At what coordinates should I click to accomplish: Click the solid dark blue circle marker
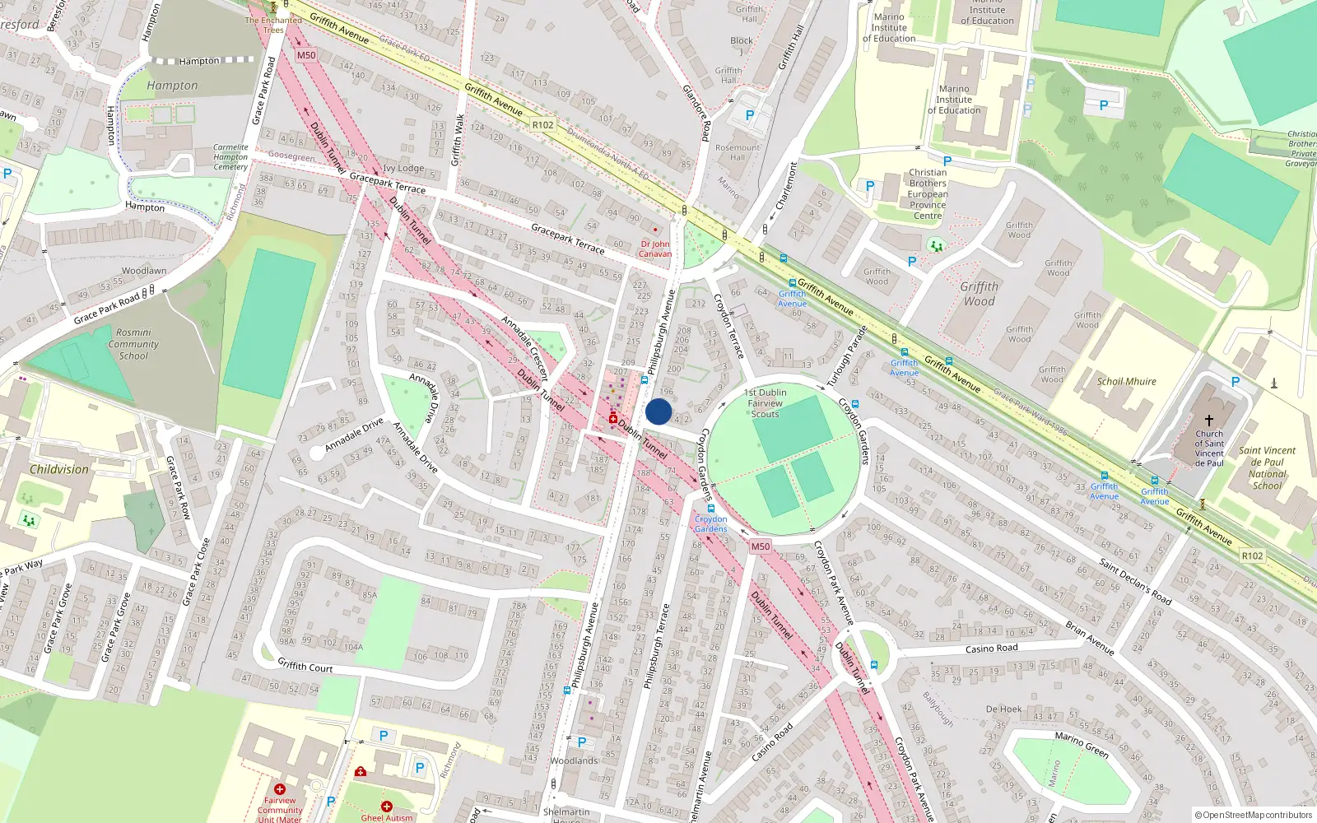tap(658, 411)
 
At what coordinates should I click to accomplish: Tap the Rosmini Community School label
tap(133, 345)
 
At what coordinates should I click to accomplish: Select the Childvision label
tap(59, 469)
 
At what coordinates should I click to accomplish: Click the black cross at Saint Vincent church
tap(1208, 420)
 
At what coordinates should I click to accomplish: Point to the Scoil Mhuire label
tap(1126, 382)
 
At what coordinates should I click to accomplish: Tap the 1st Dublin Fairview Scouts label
tap(766, 403)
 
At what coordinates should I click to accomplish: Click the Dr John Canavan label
tap(655, 249)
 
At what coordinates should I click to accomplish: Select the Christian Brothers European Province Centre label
tap(928, 194)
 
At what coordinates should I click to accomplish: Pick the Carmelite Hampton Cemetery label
tap(230, 157)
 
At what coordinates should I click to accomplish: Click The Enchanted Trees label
tap(273, 25)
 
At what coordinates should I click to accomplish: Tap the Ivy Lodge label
tap(403, 169)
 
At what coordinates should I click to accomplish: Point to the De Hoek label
tap(1003, 709)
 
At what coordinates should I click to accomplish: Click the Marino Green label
tap(1082, 745)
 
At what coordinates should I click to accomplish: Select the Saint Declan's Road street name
tap(1135, 582)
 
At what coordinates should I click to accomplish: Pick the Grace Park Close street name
tap(198, 572)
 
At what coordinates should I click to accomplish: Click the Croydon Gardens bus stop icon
tap(711, 509)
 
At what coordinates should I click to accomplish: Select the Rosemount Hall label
tap(738, 152)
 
